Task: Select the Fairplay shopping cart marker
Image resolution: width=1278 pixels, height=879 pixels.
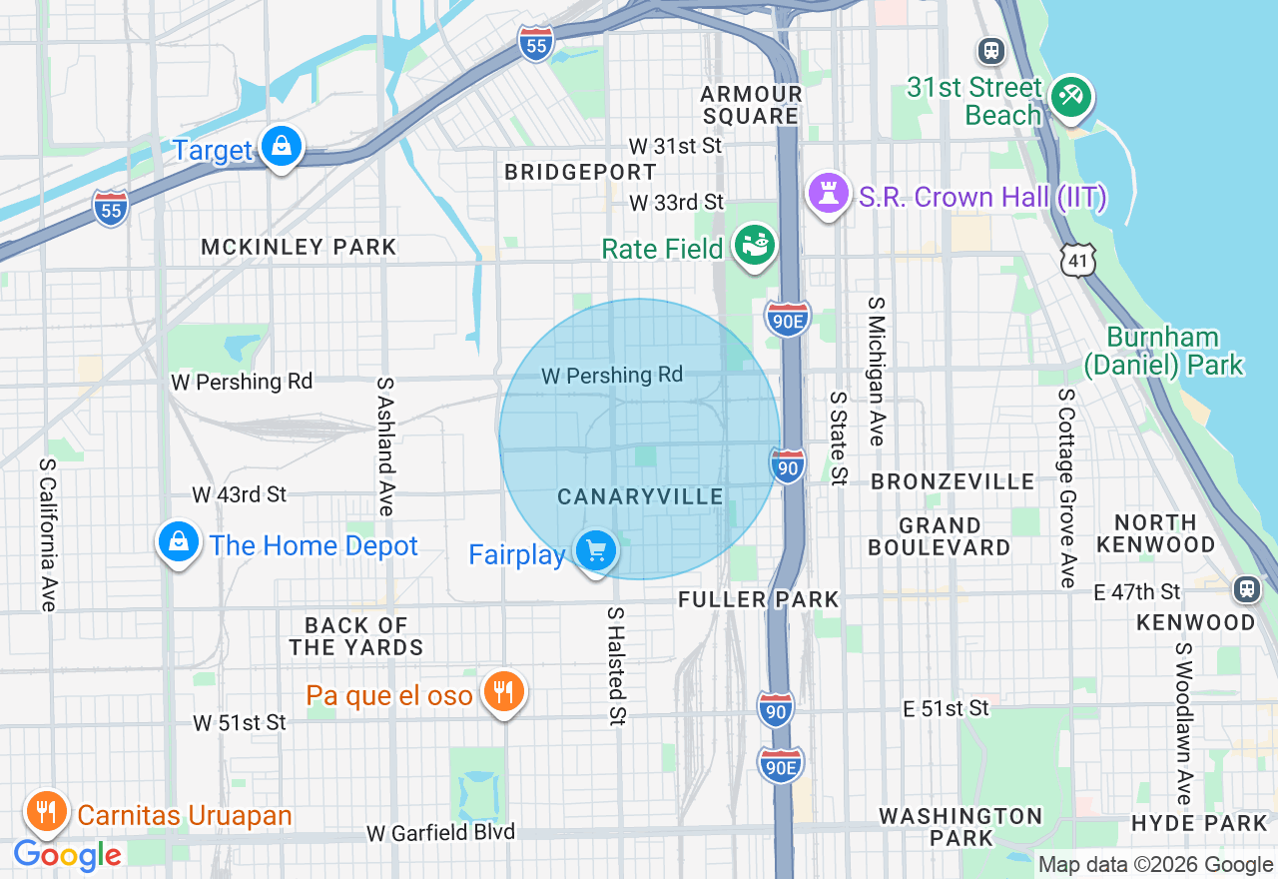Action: [x=596, y=550]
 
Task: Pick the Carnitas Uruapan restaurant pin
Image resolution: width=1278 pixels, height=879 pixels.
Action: [x=45, y=811]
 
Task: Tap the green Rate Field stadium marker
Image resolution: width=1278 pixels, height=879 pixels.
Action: [x=754, y=244]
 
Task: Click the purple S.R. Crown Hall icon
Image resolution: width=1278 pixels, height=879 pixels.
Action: [x=828, y=194]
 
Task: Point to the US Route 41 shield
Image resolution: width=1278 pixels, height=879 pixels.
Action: [x=1079, y=260]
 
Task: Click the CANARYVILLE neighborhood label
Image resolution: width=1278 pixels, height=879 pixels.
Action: [x=640, y=496]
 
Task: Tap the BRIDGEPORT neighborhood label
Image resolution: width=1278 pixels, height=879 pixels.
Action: [x=580, y=172]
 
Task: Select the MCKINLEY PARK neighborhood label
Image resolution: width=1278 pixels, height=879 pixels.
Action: [x=299, y=247]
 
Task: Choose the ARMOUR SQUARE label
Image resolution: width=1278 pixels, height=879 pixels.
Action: [x=751, y=105]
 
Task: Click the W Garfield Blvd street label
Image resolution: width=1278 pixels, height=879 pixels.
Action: [x=440, y=832]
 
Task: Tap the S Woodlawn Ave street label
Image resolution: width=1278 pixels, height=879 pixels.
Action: [x=1184, y=723]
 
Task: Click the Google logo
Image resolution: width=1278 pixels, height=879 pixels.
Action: [x=67, y=855]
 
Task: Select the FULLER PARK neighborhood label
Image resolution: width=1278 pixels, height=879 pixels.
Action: [x=759, y=599]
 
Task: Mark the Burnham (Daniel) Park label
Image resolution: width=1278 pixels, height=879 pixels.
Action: [x=1164, y=351]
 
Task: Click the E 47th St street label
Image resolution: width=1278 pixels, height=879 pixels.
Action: [x=1136, y=592]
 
